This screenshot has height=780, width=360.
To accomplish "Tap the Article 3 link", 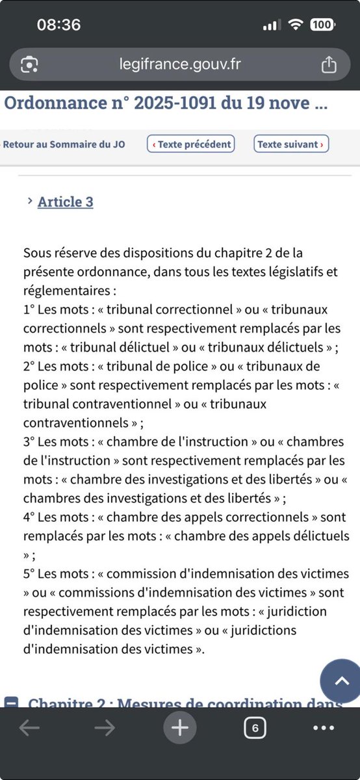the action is pos(65,201).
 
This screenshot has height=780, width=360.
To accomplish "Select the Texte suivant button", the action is pos(290,144).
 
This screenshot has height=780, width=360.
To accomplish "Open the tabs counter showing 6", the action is pos(255,728).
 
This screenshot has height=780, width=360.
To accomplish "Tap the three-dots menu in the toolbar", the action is pos(323,728).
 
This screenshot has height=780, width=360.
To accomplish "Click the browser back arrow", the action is pos(29,728).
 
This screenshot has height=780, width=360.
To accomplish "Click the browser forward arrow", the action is pos(104,728).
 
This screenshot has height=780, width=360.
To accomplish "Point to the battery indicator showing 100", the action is pos(322,25).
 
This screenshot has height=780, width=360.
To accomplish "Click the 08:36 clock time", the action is pos(58,25).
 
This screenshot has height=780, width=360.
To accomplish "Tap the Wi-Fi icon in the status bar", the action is pos(296,25).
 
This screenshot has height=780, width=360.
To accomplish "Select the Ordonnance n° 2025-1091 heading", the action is pos(166,103).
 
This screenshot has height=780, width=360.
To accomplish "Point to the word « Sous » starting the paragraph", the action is pos(36,252).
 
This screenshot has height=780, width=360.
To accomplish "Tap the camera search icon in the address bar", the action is pos(31,64).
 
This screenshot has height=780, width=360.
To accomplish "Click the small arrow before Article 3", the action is pos(30,201).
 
